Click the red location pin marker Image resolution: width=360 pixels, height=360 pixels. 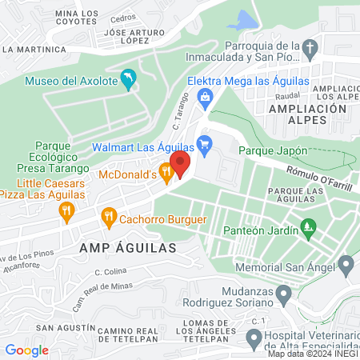(179, 163)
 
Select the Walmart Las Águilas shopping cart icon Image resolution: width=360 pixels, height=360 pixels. (205, 144)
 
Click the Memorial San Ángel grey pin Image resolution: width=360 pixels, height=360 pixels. (346, 264)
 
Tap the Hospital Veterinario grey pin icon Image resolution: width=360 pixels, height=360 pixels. (254, 339)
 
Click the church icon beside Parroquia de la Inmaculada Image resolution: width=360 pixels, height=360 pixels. (309, 50)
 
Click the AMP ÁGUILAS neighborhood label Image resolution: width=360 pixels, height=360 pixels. (128, 248)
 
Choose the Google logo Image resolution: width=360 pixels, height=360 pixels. (26, 350)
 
